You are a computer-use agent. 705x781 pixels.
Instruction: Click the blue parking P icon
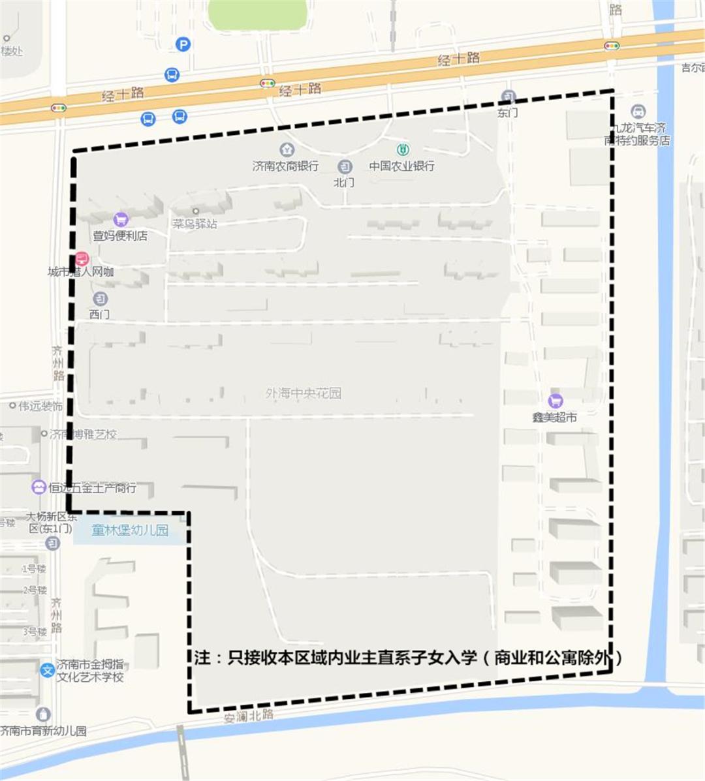click(183, 44)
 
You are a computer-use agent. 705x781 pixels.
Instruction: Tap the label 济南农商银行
click(285, 166)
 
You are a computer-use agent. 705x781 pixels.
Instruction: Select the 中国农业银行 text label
click(401, 166)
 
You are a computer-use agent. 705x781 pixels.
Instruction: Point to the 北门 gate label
click(344, 183)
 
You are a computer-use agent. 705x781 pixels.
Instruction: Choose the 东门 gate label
click(507, 112)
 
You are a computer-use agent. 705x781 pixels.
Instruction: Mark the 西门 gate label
click(99, 314)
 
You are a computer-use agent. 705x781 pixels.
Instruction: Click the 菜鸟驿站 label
click(195, 224)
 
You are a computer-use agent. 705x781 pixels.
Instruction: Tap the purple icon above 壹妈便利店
click(120, 219)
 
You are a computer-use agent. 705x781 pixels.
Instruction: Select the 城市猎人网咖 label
click(81, 272)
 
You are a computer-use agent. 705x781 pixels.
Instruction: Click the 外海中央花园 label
click(303, 393)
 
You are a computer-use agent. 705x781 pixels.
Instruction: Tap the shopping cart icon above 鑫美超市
click(556, 400)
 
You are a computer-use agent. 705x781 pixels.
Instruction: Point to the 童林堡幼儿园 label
click(130, 530)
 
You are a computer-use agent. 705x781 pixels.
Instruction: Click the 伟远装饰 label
click(40, 406)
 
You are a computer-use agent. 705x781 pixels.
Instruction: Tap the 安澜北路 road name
click(248, 716)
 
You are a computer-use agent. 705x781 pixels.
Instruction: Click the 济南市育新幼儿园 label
click(43, 731)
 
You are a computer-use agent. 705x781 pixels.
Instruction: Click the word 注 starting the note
click(202, 658)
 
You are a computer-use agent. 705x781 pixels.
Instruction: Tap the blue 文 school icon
click(47, 670)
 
